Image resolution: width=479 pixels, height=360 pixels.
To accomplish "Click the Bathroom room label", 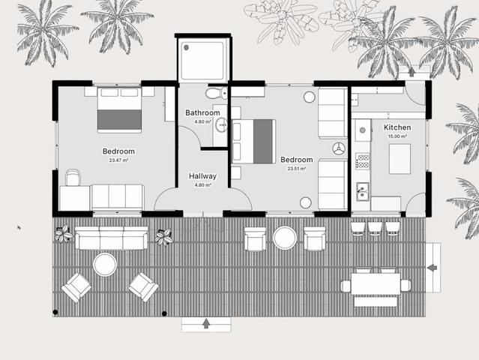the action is click(202, 112).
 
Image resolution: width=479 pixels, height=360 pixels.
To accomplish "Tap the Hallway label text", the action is click(202, 176).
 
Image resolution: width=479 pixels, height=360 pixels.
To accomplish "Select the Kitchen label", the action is click(397, 127).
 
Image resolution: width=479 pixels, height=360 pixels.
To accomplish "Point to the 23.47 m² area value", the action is click(118, 160).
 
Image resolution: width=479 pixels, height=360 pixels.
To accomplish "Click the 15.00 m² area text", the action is click(397, 136).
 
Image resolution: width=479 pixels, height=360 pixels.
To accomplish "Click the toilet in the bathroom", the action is click(217, 93).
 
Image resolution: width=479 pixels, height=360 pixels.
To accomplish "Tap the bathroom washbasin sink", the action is click(221, 124).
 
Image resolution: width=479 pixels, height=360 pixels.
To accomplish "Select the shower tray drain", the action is click(186, 47).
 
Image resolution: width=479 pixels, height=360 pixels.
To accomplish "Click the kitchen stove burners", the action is click(363, 161).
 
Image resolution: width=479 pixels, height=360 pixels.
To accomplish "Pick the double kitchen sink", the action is click(363, 191).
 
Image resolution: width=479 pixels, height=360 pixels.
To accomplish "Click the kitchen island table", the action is click(400, 159).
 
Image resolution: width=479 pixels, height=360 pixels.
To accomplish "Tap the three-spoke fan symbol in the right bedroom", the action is click(339, 148).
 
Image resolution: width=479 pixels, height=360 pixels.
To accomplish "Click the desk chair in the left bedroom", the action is click(73, 177).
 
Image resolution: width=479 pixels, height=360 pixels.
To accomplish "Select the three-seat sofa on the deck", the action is click(111, 238).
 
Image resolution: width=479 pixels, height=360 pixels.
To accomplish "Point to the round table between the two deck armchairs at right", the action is click(285, 238).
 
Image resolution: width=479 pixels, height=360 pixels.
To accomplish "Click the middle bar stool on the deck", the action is click(375, 229).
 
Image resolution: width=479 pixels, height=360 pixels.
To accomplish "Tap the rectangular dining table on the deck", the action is click(376, 284).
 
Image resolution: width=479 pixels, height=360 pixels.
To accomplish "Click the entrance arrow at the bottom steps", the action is click(206, 323).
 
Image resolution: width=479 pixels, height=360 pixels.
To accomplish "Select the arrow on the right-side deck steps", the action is click(432, 268).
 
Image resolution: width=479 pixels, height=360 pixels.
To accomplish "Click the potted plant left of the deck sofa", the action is click(64, 233).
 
